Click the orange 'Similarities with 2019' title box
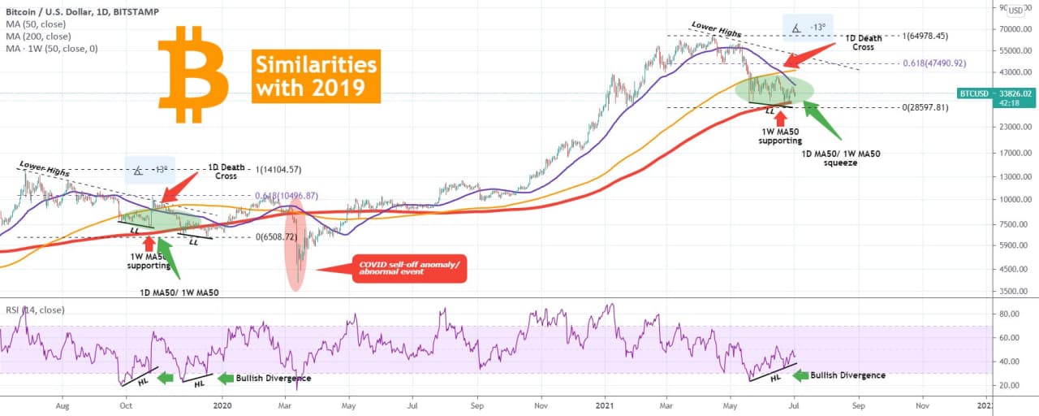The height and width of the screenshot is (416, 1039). [x=316, y=76]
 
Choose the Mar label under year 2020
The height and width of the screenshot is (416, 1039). [x=285, y=403]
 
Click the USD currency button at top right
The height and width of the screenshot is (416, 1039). [x=1015, y=11]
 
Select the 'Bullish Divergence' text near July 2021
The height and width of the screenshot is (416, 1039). [x=847, y=375]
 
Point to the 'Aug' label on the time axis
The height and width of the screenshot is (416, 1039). [x=62, y=403]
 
